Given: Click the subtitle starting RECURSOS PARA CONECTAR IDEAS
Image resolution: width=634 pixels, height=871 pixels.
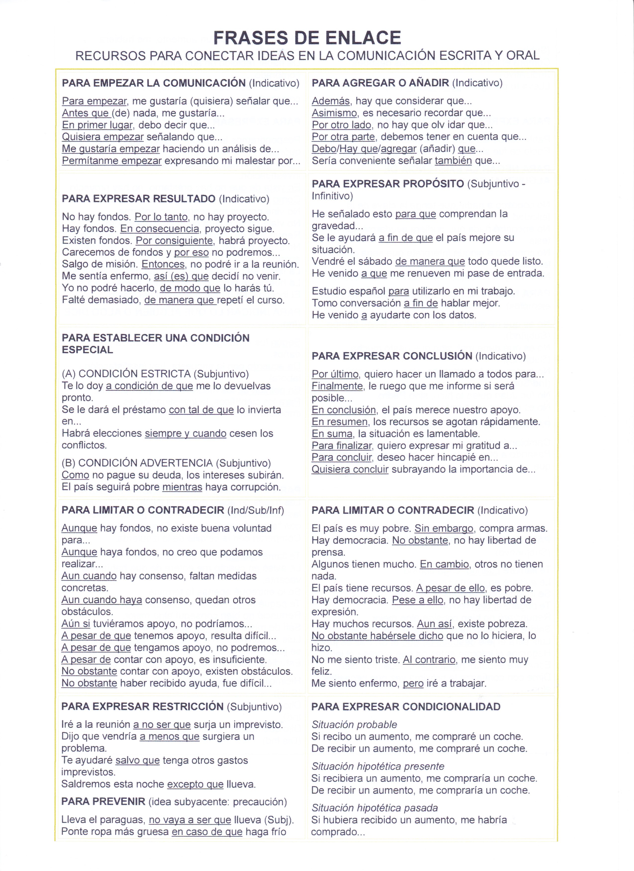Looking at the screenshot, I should [x=307, y=56].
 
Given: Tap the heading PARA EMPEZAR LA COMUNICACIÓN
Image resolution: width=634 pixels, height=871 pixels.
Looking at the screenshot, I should [x=154, y=83].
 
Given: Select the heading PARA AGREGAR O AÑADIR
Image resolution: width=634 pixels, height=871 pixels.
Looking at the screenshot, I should [x=380, y=83].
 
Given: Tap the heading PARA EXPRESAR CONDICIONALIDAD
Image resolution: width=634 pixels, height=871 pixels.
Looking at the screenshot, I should [x=406, y=707].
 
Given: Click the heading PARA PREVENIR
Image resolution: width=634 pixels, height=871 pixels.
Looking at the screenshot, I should [x=103, y=801].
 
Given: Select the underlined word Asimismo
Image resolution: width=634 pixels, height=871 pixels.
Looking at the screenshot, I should [x=334, y=113].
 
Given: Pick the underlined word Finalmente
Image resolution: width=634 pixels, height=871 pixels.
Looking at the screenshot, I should [x=337, y=386].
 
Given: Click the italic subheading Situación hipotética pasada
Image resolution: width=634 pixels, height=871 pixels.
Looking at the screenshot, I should [x=374, y=808].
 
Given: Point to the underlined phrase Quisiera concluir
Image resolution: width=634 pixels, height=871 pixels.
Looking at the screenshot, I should [x=350, y=469].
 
